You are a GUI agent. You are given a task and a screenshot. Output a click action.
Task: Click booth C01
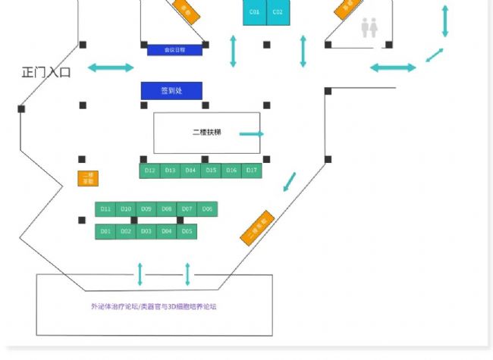pyautogui.click(x=254, y=13)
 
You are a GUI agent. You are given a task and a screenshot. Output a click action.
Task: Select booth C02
pyautogui.click(x=278, y=13)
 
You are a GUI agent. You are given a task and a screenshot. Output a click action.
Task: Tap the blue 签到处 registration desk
pyautogui.click(x=171, y=91)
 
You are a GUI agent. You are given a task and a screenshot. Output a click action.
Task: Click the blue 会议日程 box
pyautogui.click(x=174, y=50)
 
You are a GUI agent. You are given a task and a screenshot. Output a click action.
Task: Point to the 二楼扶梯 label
pyautogui.click(x=206, y=133)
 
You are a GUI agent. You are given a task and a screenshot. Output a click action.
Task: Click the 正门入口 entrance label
pyautogui.click(x=46, y=73)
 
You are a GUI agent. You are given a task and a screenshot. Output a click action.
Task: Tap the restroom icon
pyautogui.click(x=369, y=28)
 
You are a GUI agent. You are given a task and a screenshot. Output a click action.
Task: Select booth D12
pyautogui.click(x=149, y=171)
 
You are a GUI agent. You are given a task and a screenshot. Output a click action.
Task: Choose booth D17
pyautogui.click(x=252, y=171)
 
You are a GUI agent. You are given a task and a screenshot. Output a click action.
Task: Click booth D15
pyautogui.click(x=211, y=171)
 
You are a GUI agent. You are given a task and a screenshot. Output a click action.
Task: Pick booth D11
pyautogui.click(x=105, y=208)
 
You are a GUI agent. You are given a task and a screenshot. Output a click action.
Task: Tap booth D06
pyautogui.click(x=207, y=208)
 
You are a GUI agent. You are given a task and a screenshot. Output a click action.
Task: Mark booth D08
pyautogui.click(x=167, y=208)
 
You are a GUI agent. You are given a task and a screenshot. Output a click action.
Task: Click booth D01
pyautogui.click(x=105, y=231)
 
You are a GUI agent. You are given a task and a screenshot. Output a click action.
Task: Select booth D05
pyautogui.click(x=187, y=231)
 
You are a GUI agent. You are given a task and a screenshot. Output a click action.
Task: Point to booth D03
pyautogui.click(x=146, y=231)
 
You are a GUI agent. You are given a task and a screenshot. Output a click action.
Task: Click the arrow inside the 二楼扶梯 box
pyautogui.click(x=252, y=134)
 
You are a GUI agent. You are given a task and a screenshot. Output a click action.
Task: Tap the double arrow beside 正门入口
pyautogui.click(x=111, y=68)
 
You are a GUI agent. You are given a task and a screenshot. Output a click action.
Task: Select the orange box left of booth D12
pyautogui.click(x=88, y=179)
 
